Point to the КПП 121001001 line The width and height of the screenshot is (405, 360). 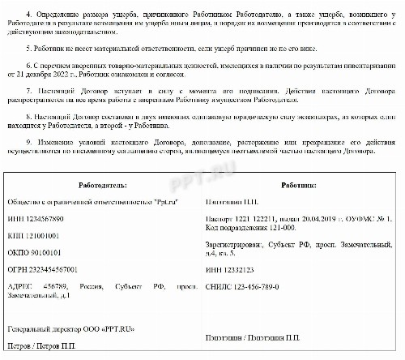tap(34, 235)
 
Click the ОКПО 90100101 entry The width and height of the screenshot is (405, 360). tap(36, 251)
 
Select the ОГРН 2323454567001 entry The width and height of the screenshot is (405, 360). tap(42, 268)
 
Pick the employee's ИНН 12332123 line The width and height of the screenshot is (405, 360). tap(234, 268)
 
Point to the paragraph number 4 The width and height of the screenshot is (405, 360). tap(28, 14)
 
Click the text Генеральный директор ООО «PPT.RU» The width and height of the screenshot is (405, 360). tap(70, 330)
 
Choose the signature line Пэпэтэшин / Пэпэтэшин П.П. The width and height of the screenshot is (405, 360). tap(254, 337)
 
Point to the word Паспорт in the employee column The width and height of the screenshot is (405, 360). tap(220, 219)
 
